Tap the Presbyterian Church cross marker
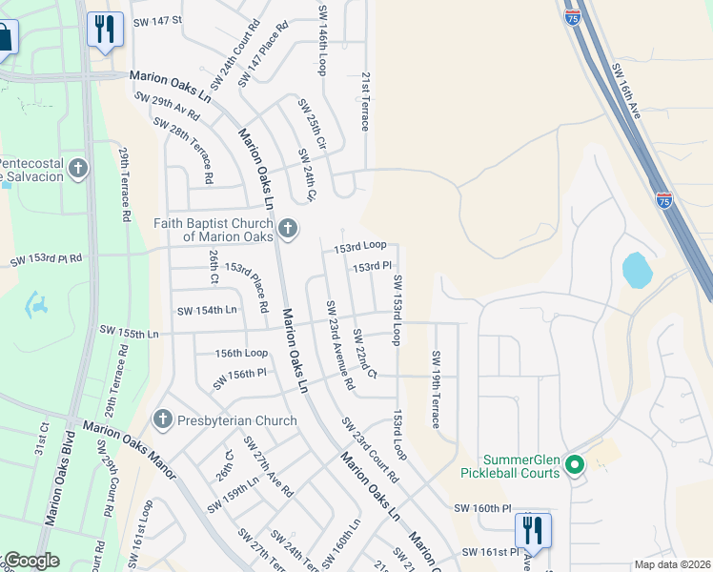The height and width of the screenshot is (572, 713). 162,419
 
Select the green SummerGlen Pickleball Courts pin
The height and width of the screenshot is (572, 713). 574,465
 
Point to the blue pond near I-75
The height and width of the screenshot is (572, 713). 637,270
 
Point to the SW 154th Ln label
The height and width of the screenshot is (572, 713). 207,311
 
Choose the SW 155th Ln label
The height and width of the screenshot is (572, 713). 128,332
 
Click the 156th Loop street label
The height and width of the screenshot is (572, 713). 241,352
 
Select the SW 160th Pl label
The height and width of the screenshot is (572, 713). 482,509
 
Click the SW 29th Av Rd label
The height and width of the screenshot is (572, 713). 167,106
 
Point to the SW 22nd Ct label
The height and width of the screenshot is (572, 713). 364,353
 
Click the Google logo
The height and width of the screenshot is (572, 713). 31,561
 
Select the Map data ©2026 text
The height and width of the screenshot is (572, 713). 672,564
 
